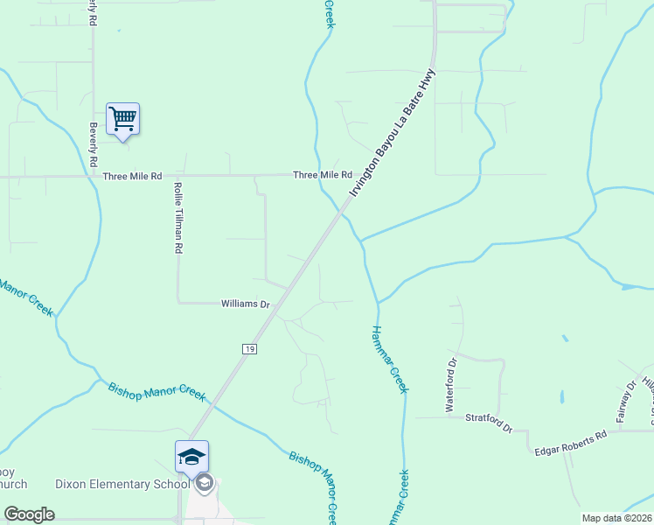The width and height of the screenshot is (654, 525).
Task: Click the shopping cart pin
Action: coord(122,119)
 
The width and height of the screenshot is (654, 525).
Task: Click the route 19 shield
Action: coord(250,348)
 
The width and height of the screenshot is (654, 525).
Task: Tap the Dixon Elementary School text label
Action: coord(122,484)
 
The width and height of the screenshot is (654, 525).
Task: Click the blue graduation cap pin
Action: coord(191,456)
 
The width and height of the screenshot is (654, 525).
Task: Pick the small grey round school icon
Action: coord(204,483)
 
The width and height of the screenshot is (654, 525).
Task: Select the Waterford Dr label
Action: coord(451,385)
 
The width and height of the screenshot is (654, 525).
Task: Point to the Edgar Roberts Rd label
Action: coord(571,442)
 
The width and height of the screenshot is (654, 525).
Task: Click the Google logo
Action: coord(29,514)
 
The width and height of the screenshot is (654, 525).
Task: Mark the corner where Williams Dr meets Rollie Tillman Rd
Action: coord(178,303)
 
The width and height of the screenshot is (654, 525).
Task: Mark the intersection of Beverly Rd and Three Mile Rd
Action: coord(94,176)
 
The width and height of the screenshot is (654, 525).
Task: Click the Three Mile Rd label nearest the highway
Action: coord(322,175)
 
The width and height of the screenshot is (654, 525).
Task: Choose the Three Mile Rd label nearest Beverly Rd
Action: coord(133,176)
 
